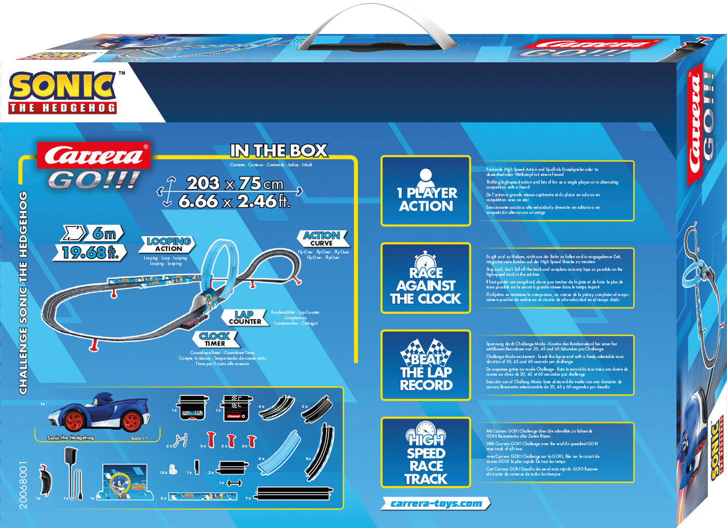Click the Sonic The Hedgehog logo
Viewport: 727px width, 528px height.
63,92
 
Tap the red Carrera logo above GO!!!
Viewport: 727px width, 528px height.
94,155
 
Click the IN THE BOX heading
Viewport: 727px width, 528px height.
279,151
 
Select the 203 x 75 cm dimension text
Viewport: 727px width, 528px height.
234,183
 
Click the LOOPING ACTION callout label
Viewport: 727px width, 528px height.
168,244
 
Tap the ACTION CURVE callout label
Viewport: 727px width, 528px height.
321,238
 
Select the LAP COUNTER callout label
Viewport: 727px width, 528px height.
245,318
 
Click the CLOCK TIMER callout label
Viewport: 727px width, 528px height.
214,339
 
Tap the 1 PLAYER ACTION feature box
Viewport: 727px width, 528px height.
426,191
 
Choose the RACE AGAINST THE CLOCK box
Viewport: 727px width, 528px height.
426,278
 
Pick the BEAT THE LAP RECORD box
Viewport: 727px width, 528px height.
426,366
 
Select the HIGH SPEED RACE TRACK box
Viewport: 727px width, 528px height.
426,453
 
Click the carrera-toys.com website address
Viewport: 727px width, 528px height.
436,503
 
